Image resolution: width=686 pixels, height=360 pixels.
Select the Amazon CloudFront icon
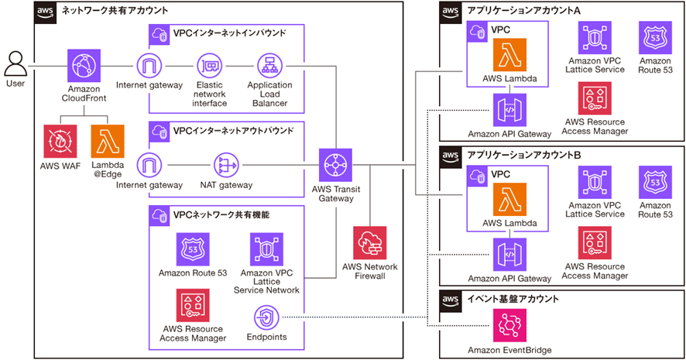pyautogui.click(x=85, y=67)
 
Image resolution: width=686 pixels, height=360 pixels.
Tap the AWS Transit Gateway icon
pyautogui.click(x=333, y=165)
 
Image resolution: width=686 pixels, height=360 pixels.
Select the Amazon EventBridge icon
pyautogui.click(x=509, y=326)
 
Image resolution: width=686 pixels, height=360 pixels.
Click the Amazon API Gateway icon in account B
pyautogui.click(x=509, y=255)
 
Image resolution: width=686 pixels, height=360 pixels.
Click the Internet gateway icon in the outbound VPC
pyautogui.click(x=149, y=165)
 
